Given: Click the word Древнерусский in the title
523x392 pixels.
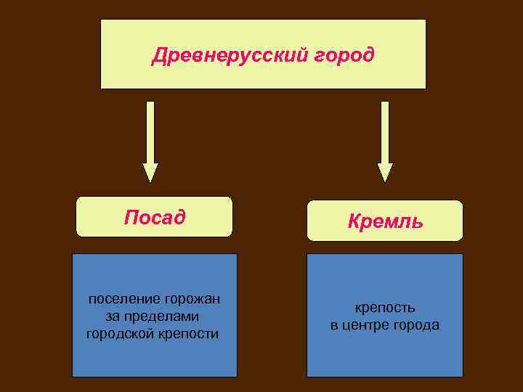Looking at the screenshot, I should coord(223,55).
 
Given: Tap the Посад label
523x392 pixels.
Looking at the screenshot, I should coord(154,217).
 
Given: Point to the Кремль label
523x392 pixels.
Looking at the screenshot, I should coord(385,221).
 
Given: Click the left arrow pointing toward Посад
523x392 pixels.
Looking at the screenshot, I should coord(150,138).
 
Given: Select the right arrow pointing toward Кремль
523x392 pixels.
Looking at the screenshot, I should coord(385,138).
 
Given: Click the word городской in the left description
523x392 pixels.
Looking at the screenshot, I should coord(119,333).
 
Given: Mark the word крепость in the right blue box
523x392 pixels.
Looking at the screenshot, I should coord(384,309).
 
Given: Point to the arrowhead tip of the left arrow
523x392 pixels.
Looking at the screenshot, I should coord(150,181).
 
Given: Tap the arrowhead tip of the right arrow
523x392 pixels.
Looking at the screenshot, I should coord(385,181).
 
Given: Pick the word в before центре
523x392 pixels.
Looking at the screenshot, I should coord(335,325).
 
